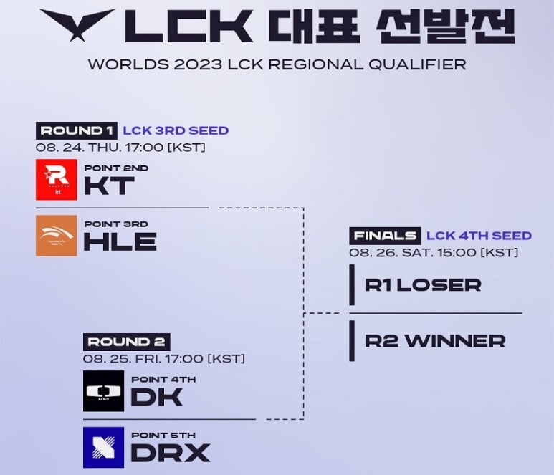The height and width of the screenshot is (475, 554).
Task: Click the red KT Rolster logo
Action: pos(56,180)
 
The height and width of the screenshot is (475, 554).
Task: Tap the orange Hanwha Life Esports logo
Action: pos(56,235)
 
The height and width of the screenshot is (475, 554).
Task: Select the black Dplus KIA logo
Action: pos(103,390)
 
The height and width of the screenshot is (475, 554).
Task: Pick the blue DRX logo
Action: pos(103,447)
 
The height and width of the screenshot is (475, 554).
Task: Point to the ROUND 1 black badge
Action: pos(76,130)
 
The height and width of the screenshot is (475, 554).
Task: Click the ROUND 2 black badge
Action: pos(126,342)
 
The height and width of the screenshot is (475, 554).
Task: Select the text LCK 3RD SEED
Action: pos(176,130)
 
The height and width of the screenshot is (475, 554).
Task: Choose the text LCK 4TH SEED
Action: pos(479,236)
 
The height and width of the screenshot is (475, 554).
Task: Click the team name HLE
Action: pos(120,241)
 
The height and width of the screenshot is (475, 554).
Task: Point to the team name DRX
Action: pos(171,453)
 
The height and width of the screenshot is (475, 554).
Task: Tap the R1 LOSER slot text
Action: pos(422,285)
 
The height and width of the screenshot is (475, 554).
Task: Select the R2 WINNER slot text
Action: pos(434,341)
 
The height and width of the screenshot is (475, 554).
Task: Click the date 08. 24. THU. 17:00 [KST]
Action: pos(120,148)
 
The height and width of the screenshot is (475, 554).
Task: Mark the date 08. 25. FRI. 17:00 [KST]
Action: pos(164,358)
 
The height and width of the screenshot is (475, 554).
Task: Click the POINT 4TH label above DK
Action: pos(163,380)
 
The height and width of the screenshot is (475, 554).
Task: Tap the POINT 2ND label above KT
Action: pos(116,168)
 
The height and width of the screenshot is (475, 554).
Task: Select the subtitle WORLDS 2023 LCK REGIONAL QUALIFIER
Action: pos(277,64)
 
